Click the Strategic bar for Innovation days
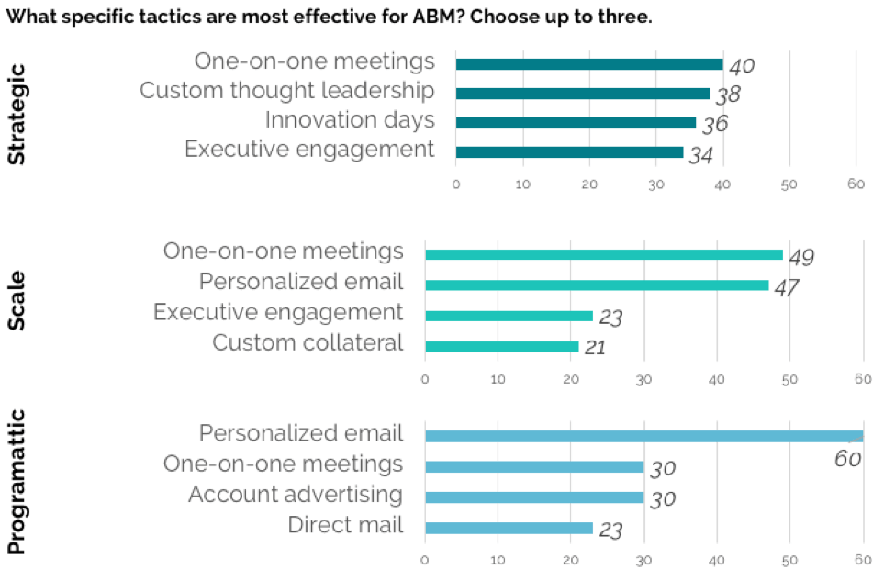576,123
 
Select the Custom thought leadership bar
583,94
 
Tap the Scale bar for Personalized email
597,285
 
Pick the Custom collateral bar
502,346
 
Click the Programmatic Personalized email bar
643,437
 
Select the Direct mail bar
509,528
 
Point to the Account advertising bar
534,497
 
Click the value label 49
801,258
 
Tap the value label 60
847,459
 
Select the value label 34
701,155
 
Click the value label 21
595,348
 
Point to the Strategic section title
17,114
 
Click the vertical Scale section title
17,301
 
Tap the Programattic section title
17,482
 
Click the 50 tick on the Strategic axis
789,184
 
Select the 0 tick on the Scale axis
425,380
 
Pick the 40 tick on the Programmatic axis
717,561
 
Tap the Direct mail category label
346,524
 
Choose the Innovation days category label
350,120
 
